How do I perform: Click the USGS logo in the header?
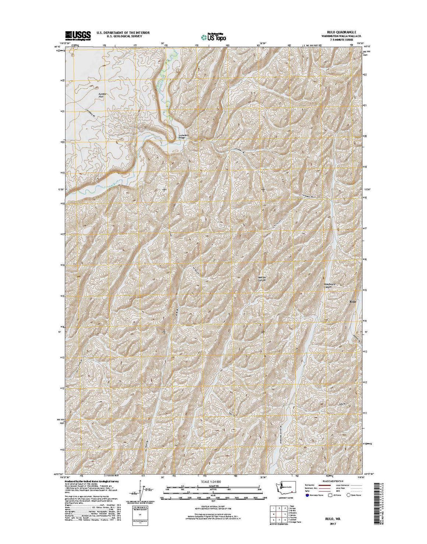(x=78, y=35)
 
